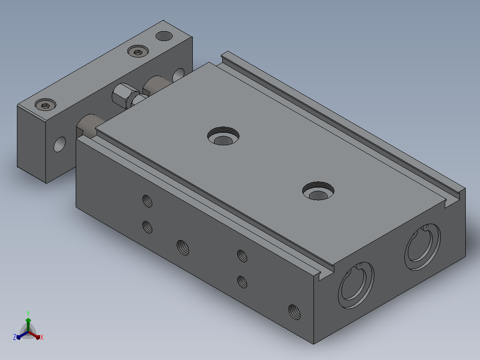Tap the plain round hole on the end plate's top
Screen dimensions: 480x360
164,36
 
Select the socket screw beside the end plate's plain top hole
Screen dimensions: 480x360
138,51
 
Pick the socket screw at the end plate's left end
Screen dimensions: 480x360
45,104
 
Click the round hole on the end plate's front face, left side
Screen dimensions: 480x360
60,144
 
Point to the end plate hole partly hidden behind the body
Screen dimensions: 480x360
179,75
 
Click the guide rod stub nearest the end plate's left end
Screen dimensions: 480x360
89,126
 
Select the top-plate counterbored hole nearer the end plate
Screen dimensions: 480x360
223,136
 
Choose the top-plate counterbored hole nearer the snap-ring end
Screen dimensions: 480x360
318,191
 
